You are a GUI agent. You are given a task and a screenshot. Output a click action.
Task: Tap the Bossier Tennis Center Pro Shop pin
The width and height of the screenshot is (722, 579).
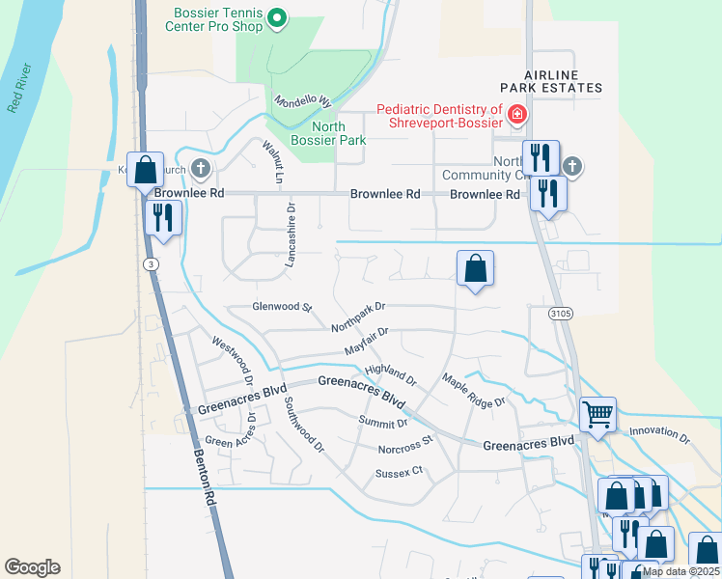278,18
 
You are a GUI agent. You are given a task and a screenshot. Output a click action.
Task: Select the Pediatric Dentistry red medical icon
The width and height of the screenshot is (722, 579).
517,116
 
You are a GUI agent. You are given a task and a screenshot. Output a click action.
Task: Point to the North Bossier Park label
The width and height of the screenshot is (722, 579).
338,133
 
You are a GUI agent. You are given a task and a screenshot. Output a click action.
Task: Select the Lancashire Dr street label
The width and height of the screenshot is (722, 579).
291,233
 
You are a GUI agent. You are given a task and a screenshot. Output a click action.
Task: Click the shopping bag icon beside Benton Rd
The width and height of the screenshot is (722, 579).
145,171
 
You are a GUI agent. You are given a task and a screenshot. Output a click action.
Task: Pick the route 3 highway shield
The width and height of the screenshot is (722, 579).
151,264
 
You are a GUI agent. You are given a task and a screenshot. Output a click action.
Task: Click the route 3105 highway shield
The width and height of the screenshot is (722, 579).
561,314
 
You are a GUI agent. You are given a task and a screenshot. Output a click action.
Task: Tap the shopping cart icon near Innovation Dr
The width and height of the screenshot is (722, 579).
597,415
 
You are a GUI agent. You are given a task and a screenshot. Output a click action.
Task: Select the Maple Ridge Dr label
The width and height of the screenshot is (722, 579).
473,388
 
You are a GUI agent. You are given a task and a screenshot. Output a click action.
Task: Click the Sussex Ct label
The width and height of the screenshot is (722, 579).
400,472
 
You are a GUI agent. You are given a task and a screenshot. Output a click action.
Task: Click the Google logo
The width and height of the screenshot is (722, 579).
32,567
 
